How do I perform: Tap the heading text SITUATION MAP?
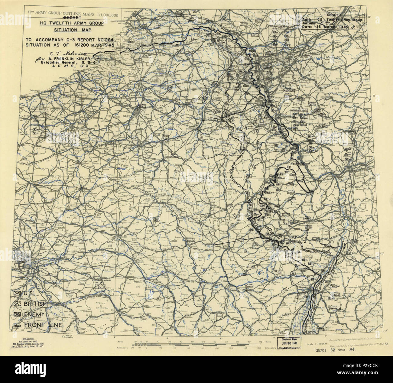73,30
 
